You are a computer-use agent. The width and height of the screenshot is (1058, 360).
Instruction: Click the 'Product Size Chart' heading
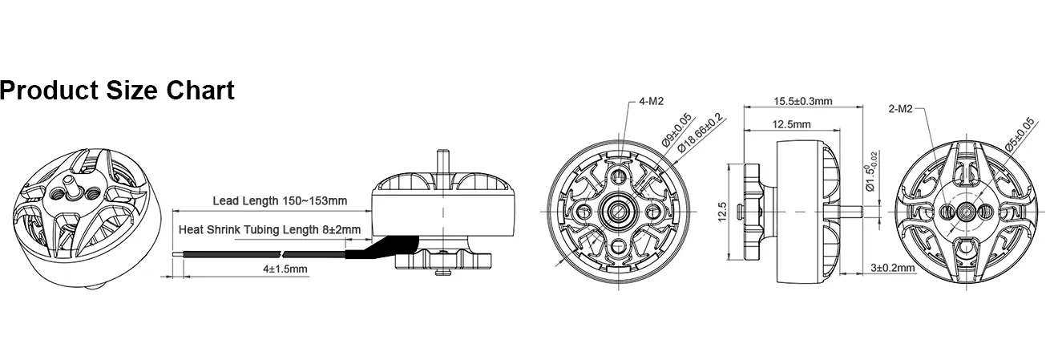[x=117, y=91]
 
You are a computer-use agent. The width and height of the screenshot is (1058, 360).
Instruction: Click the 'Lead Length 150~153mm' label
[x=280, y=200]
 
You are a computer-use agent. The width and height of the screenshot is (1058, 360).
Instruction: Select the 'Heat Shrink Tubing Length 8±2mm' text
[x=269, y=229]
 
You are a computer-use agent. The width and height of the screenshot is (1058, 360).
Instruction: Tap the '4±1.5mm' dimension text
[x=285, y=269]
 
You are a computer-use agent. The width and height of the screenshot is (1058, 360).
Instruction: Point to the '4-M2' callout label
[x=652, y=101]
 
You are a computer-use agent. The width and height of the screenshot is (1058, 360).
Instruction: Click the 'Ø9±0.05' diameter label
[x=676, y=131]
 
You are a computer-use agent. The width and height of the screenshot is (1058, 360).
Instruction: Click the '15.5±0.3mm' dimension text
[x=803, y=101]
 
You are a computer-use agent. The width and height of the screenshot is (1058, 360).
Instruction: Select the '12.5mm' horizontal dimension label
[x=791, y=124]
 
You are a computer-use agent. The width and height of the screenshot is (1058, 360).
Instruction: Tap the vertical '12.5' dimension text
[x=722, y=212]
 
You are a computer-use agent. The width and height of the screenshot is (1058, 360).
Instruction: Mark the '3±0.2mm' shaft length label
[x=893, y=268]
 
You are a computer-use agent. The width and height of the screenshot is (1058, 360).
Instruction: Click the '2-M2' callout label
[x=900, y=109]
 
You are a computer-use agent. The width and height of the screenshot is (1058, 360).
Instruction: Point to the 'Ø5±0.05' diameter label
[x=1020, y=135]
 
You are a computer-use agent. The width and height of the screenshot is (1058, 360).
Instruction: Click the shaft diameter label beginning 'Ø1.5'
[x=870, y=172]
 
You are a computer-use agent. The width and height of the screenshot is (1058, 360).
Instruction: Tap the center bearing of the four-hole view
[x=618, y=211]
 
